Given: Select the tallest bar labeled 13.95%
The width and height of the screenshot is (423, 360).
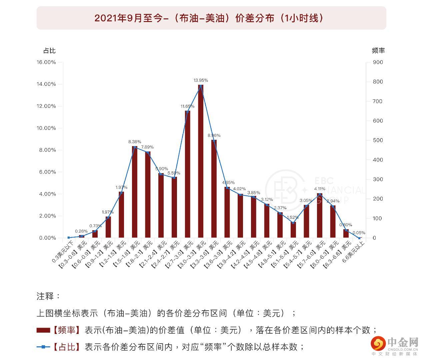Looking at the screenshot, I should click(x=201, y=160).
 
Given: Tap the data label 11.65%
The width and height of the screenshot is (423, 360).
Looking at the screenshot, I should click(x=187, y=106).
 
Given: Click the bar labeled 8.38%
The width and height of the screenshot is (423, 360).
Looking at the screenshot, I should click(x=135, y=192).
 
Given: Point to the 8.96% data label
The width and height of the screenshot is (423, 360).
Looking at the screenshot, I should click(x=214, y=135).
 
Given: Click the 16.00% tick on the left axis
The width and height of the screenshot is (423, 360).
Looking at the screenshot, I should click(x=46, y=62).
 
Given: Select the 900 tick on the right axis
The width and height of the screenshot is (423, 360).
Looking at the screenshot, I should click(x=378, y=62).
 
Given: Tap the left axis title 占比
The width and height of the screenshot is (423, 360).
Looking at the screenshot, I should click(x=49, y=51).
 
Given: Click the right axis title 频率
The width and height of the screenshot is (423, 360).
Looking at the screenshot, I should click(x=378, y=51).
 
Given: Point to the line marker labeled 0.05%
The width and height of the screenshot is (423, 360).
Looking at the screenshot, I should click(x=359, y=238).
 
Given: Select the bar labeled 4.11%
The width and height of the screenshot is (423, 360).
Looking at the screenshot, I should click(x=320, y=215).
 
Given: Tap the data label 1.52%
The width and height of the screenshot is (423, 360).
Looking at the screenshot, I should click(x=293, y=218).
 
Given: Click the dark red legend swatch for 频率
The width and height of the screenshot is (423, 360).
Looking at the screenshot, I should click(x=43, y=330).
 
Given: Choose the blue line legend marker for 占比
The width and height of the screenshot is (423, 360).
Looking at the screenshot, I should click(x=43, y=347).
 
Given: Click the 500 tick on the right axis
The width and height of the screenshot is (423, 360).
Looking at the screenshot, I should click(x=378, y=140).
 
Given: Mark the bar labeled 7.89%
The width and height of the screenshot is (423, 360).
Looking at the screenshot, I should click(x=148, y=195).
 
